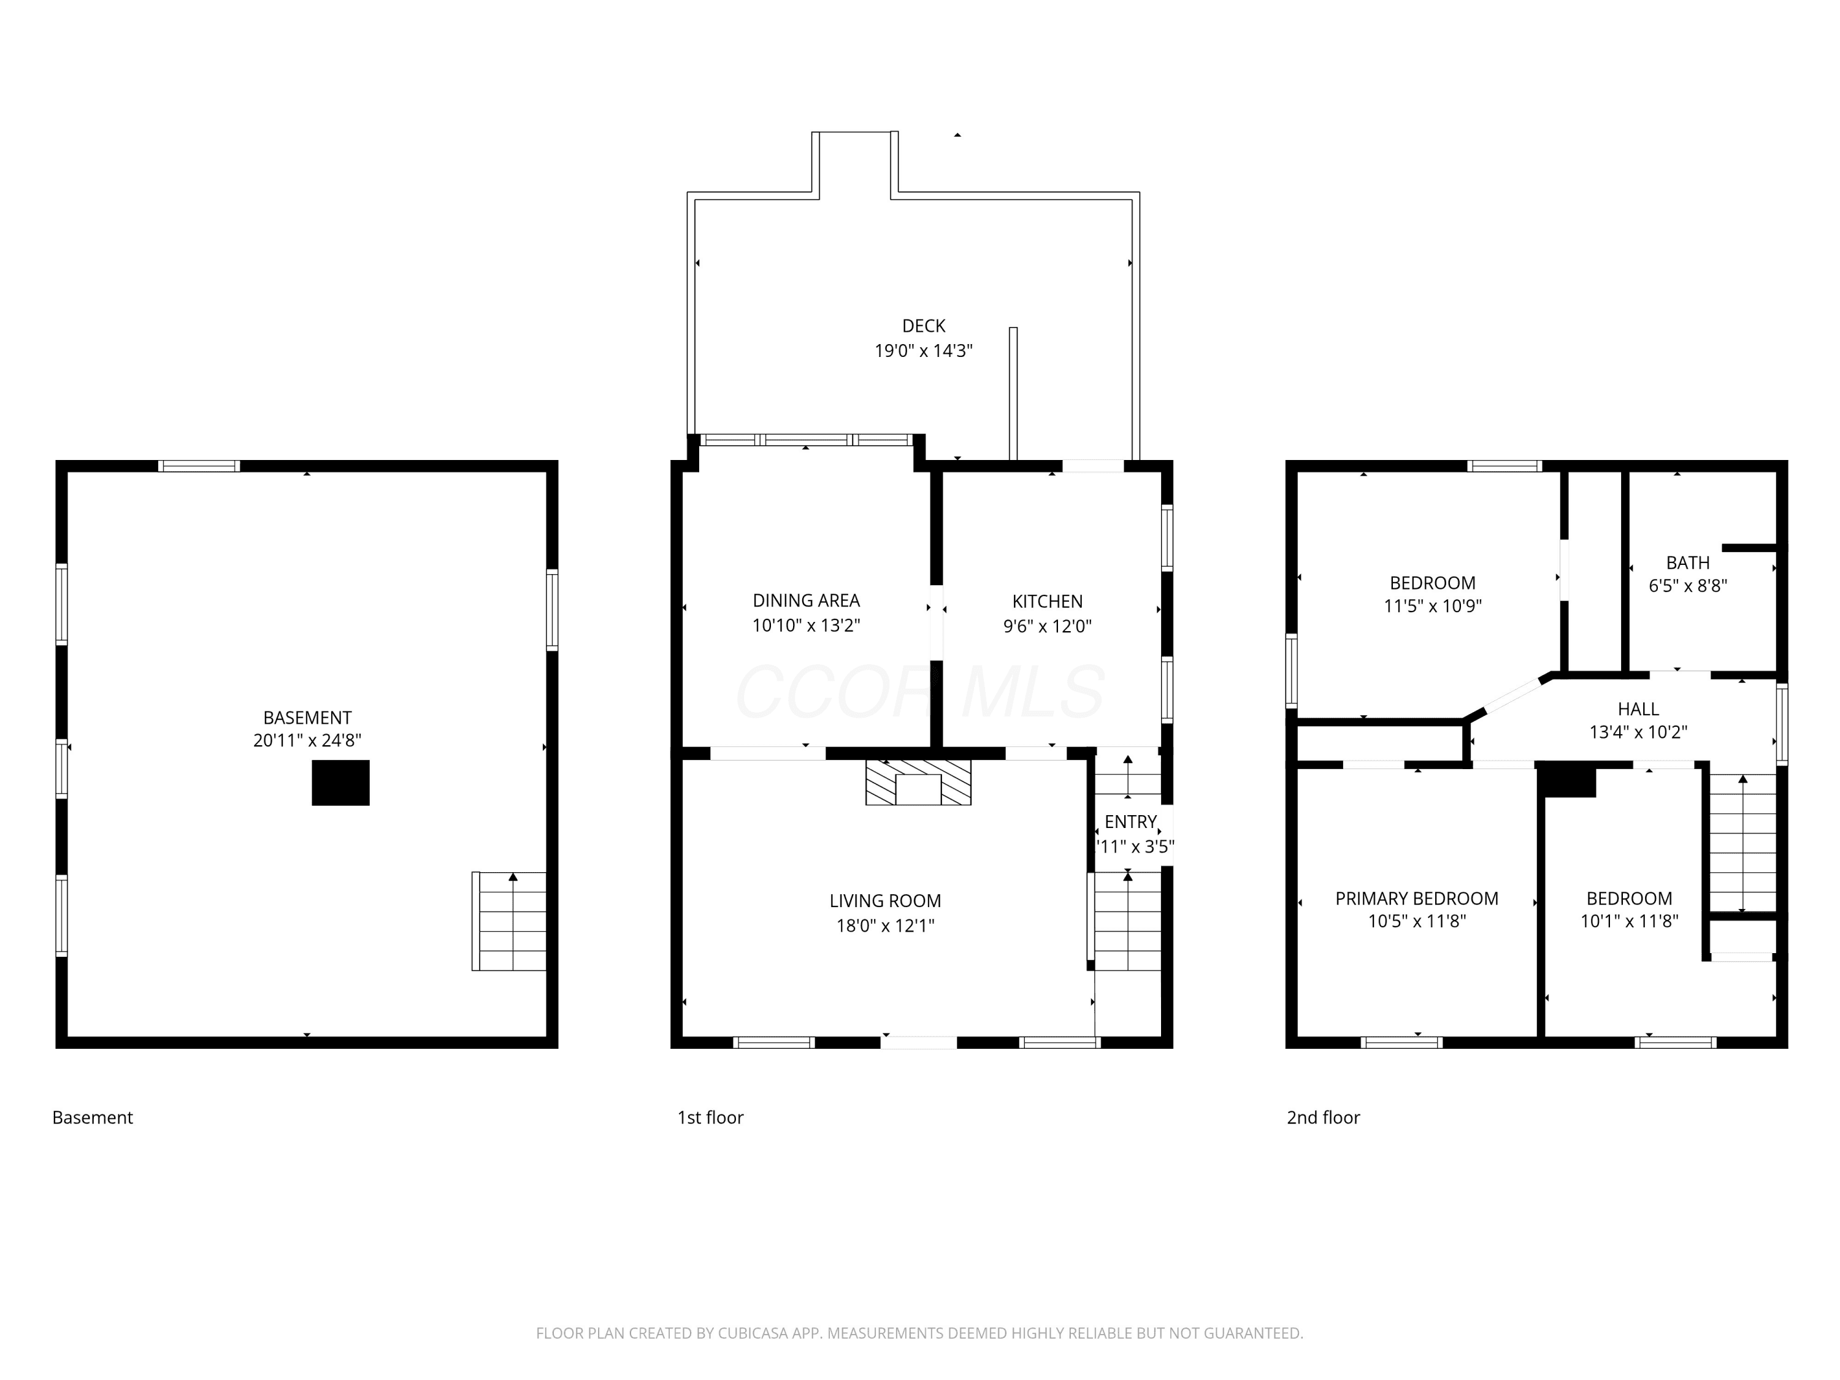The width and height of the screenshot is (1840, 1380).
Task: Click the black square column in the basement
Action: (340, 782)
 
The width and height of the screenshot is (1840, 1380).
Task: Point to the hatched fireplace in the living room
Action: (918, 782)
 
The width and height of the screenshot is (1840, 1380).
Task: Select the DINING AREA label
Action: (806, 600)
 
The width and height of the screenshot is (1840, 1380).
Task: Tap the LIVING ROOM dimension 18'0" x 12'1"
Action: (885, 925)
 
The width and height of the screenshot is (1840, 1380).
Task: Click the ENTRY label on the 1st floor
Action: (1130, 821)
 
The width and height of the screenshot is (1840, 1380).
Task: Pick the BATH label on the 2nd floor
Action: (1688, 562)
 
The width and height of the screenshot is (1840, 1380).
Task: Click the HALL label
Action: (1638, 709)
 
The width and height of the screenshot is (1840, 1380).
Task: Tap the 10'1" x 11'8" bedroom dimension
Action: (1630, 921)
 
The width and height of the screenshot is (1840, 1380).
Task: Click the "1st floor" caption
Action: (710, 1117)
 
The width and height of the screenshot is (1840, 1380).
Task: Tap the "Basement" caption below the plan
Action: (93, 1117)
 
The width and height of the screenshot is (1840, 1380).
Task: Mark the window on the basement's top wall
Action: (199, 466)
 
